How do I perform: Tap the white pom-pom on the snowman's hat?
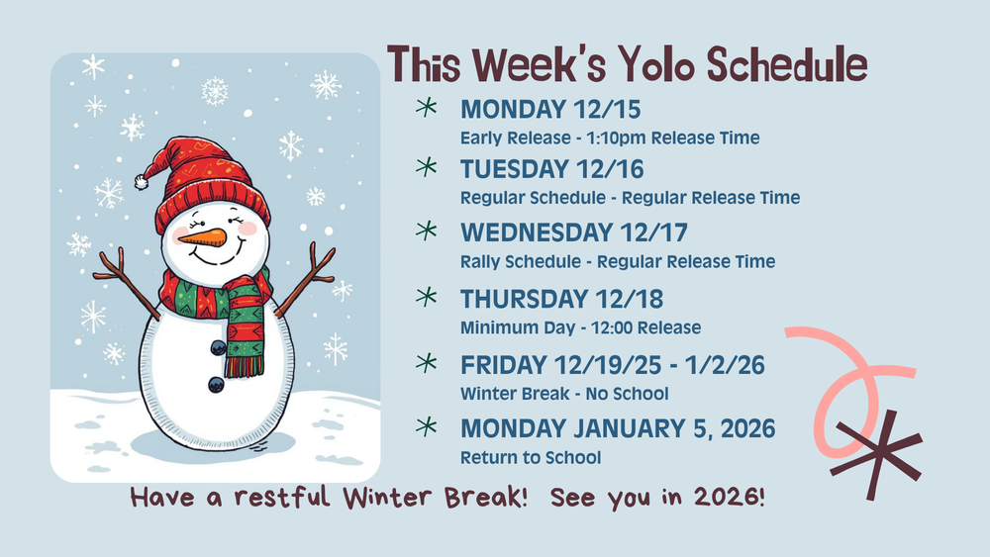(143, 183)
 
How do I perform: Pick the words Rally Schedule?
(522, 261)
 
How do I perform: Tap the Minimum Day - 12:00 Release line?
(580, 327)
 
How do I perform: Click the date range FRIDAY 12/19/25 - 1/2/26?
(612, 365)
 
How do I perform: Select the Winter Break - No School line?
(563, 394)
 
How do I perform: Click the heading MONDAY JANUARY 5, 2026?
(618, 429)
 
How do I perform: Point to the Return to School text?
(530, 457)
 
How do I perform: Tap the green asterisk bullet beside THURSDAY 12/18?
(427, 297)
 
